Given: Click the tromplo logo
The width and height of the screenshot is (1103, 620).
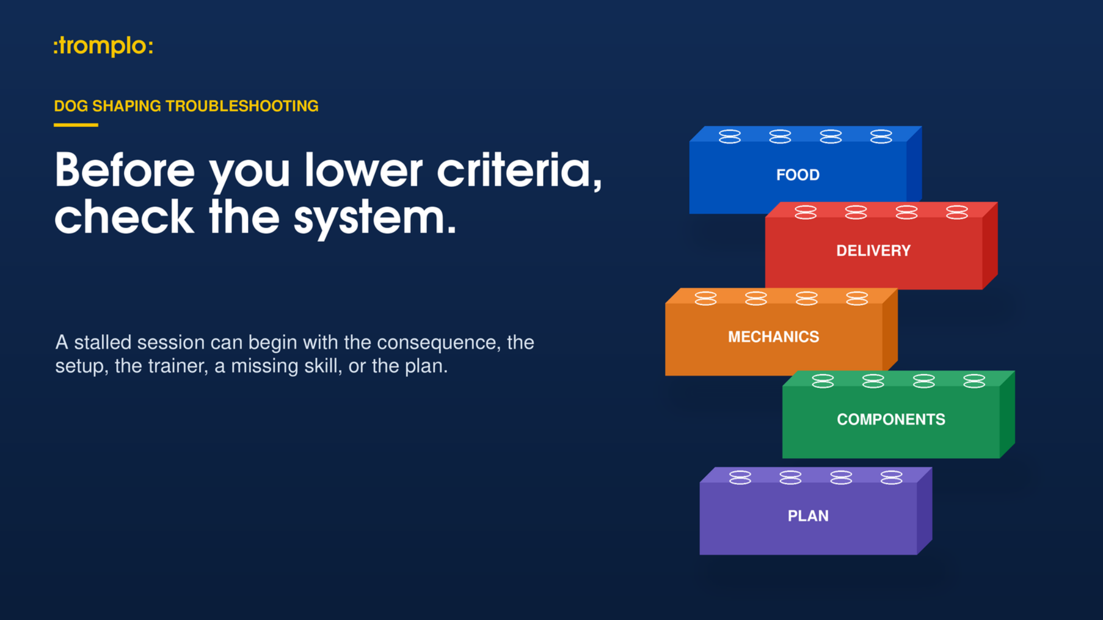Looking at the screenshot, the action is (x=103, y=46).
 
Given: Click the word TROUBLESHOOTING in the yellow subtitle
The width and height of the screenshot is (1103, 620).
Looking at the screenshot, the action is (x=242, y=106).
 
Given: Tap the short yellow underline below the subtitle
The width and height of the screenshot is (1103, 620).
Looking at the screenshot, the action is (x=76, y=125).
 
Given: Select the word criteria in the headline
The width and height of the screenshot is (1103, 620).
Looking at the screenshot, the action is (x=519, y=171).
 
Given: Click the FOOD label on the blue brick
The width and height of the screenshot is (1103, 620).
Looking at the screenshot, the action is (x=798, y=175).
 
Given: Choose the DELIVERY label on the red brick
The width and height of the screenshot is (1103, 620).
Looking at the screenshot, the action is (x=874, y=251).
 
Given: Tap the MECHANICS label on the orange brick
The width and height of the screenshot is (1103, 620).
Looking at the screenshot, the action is (x=774, y=337).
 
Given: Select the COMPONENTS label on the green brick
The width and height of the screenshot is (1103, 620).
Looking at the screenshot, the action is (x=891, y=419).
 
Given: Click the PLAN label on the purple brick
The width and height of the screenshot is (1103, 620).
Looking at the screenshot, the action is (x=808, y=516).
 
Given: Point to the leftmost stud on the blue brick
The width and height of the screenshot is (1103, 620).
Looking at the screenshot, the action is (x=730, y=136).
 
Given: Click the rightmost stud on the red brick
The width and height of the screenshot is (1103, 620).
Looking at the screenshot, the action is (x=957, y=212).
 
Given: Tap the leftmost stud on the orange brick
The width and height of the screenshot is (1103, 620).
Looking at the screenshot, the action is (x=705, y=298).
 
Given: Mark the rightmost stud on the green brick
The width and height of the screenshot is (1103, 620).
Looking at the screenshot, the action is (x=974, y=381).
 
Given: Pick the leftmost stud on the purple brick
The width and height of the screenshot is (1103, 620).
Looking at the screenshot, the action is (x=740, y=477).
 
